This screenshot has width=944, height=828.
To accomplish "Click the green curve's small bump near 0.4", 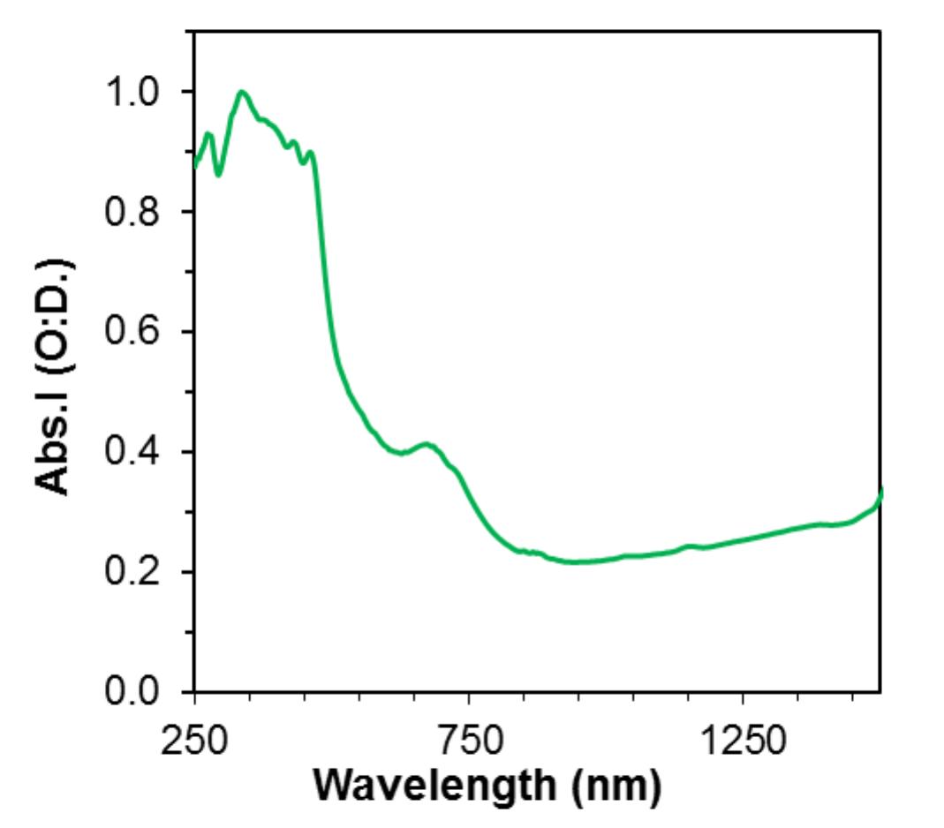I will (x=427, y=443).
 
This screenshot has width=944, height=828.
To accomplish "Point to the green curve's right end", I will (x=880, y=491).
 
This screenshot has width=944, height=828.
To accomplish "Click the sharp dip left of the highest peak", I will (x=218, y=174).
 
